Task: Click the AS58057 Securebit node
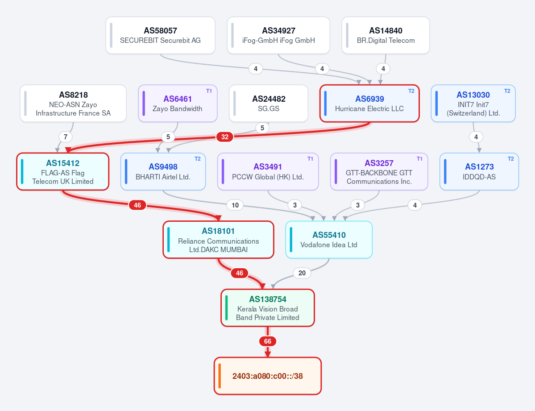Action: coord(160,35)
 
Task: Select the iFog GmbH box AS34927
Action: coord(278,35)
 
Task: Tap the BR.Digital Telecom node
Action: coord(386,35)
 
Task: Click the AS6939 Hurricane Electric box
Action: coord(369,104)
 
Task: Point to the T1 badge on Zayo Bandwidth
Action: coord(209,91)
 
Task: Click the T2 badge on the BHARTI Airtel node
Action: coord(198,159)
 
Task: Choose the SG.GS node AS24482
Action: coord(269,104)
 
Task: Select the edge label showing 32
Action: coord(225,137)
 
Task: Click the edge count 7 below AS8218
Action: coord(66,137)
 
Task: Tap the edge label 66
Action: coord(268,341)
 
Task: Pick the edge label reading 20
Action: coord(302,273)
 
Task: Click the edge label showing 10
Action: coord(235,205)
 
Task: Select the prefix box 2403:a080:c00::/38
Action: coord(268,376)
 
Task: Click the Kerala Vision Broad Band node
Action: coord(268,308)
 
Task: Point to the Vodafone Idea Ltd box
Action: coord(329,240)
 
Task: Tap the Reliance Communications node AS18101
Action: coord(218,240)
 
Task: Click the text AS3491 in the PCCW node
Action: coord(268,166)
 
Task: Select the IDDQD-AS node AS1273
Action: coord(479,171)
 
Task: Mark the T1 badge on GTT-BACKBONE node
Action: coord(419,159)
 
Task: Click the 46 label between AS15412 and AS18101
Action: coord(137,205)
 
